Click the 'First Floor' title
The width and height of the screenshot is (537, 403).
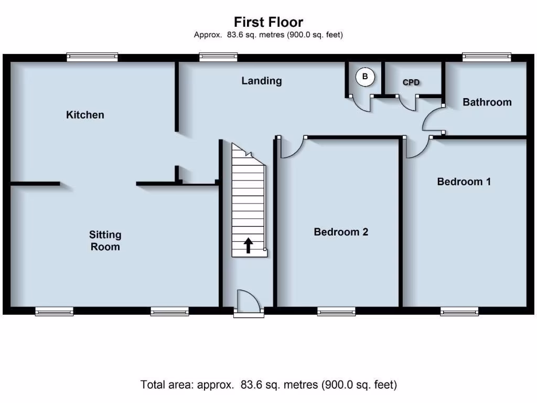point(268,22)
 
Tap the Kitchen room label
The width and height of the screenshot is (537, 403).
point(85,114)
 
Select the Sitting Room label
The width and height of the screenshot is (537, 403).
point(105,241)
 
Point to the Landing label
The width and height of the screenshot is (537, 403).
point(261,81)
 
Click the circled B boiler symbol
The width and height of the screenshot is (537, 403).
point(365,77)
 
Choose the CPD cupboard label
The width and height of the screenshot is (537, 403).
point(412,82)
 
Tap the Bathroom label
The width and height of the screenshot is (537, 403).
point(487,102)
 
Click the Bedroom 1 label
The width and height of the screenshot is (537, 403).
point(464,182)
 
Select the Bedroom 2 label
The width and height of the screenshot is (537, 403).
point(341,231)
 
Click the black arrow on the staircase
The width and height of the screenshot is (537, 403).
point(248,245)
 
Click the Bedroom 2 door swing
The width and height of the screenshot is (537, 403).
point(292,147)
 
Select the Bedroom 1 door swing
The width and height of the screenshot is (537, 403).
point(418,147)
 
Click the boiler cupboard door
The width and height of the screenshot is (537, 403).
point(362,103)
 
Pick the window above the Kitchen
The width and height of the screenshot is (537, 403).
point(92,57)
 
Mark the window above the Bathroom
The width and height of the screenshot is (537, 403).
point(486,57)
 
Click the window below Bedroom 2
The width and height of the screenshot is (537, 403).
point(336,312)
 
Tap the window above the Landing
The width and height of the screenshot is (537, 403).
point(218,57)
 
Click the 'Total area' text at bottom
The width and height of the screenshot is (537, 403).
point(268,385)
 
